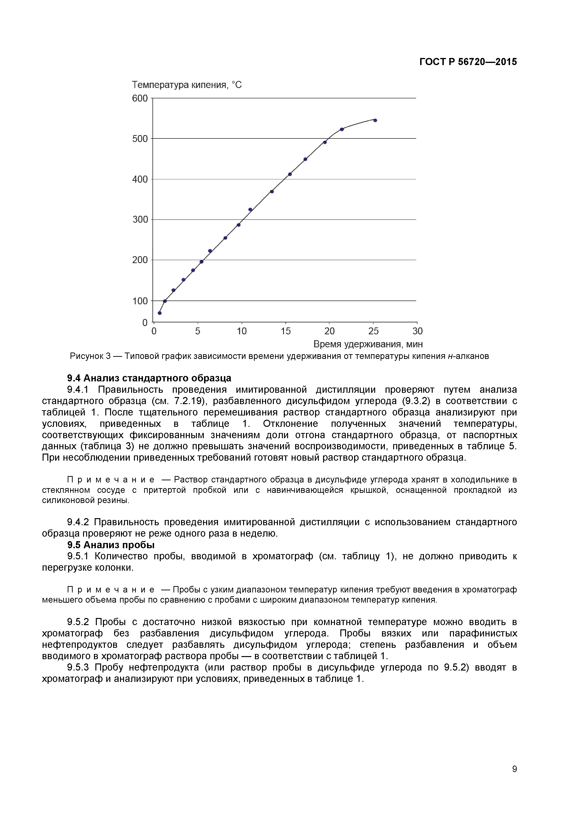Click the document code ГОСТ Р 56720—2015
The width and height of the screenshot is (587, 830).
(468, 62)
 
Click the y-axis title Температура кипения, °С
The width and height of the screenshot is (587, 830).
(187, 85)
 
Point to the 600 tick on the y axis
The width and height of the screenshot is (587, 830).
(140, 98)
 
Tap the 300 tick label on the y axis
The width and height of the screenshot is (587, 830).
(140, 219)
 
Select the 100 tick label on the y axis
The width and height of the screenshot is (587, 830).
(140, 301)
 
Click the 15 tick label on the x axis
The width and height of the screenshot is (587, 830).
(285, 331)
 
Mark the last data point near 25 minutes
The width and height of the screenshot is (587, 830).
(375, 120)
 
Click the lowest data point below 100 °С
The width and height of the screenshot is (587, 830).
(160, 313)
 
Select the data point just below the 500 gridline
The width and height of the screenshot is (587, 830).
(325, 142)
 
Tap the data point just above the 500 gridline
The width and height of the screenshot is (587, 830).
(342, 129)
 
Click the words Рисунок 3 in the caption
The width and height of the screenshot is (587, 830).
(90, 356)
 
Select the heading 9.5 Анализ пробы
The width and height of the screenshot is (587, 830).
(111, 545)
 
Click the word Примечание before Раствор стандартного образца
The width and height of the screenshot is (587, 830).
(111, 480)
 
